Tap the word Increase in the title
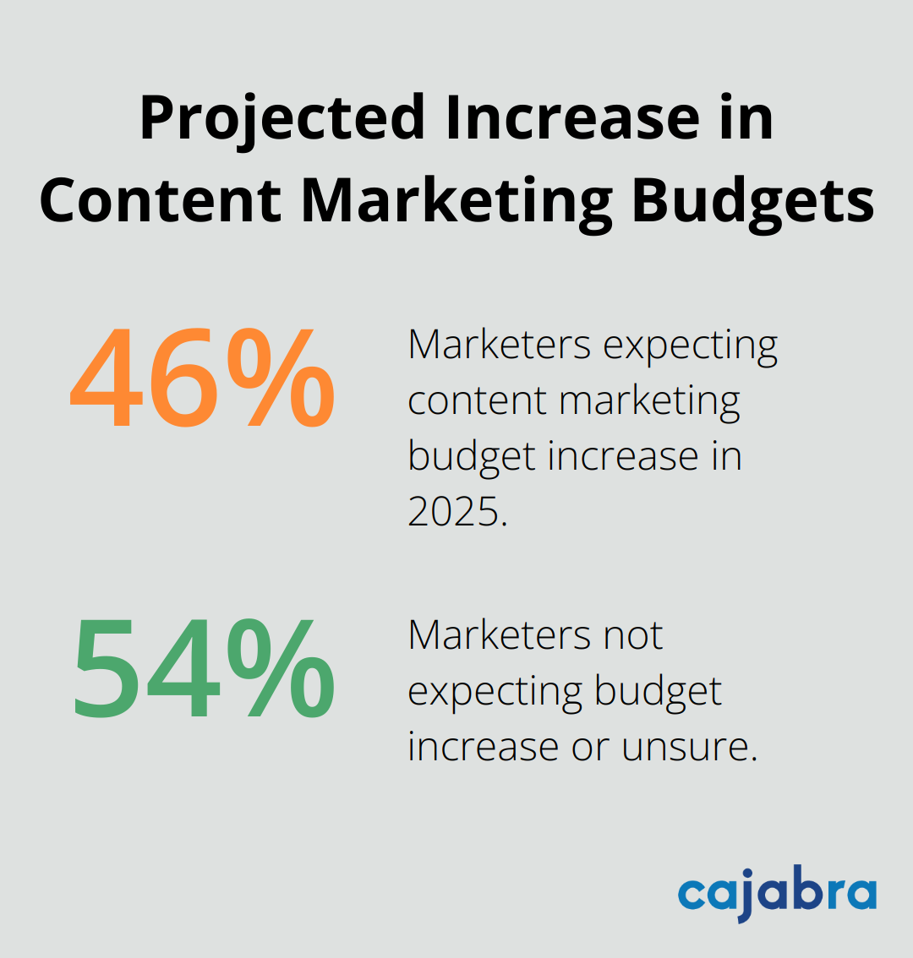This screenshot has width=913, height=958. coord(572,118)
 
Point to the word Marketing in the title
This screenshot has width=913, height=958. coord(456,201)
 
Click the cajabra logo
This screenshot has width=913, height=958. coord(776,894)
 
